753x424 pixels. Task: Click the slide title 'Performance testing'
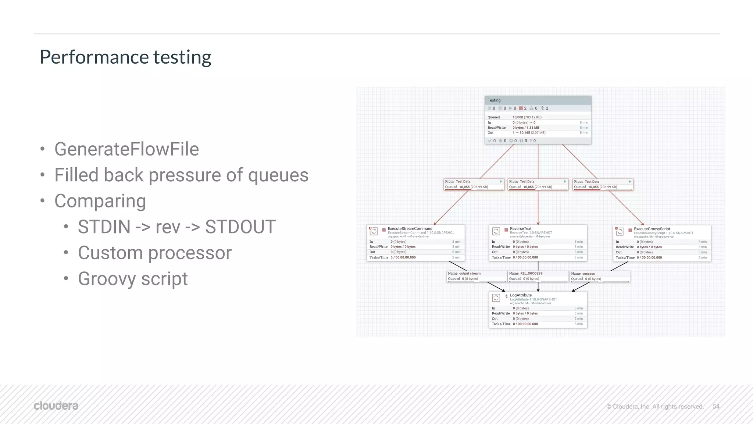125,57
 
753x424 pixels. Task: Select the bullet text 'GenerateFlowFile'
126,149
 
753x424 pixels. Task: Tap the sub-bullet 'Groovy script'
133,278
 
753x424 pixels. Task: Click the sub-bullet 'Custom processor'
155,253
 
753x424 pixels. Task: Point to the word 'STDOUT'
240,227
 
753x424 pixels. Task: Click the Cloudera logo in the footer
56,406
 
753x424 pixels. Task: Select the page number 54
716,406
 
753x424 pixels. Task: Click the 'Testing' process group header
494,100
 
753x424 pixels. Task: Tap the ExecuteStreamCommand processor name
410,228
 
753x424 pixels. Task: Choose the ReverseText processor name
521,228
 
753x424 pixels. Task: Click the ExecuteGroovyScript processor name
652,229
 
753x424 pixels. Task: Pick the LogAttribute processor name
521,295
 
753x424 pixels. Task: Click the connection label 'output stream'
470,273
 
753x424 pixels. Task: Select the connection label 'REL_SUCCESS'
531,273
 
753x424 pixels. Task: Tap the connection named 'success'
588,274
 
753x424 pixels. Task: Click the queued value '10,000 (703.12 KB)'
527,117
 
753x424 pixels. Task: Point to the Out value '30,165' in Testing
525,133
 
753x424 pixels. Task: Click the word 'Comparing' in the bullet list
100,201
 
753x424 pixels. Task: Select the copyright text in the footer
654,406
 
